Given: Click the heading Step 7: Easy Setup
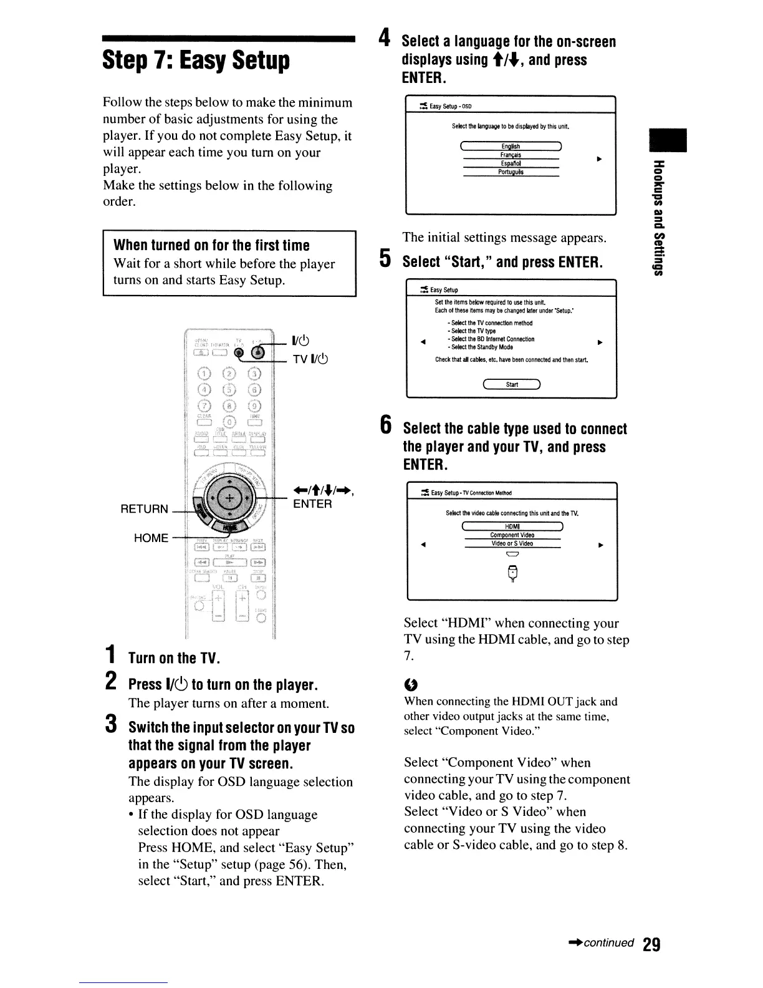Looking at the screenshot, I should tap(196, 61).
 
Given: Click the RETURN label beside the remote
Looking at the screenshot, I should tap(144, 509).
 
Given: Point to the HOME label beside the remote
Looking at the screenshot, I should tap(151, 538).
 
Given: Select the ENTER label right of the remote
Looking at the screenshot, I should tap(312, 503).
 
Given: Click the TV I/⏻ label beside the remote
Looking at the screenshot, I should tap(310, 359).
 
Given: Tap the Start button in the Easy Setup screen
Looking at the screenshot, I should tap(512, 384).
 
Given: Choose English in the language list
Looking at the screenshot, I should tap(511, 147).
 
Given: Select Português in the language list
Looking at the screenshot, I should tap(511, 172).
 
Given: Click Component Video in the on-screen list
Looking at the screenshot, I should tap(512, 535).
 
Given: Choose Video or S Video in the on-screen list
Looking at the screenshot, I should tap(512, 543).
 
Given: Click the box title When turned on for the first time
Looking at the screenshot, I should tap(211, 245).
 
